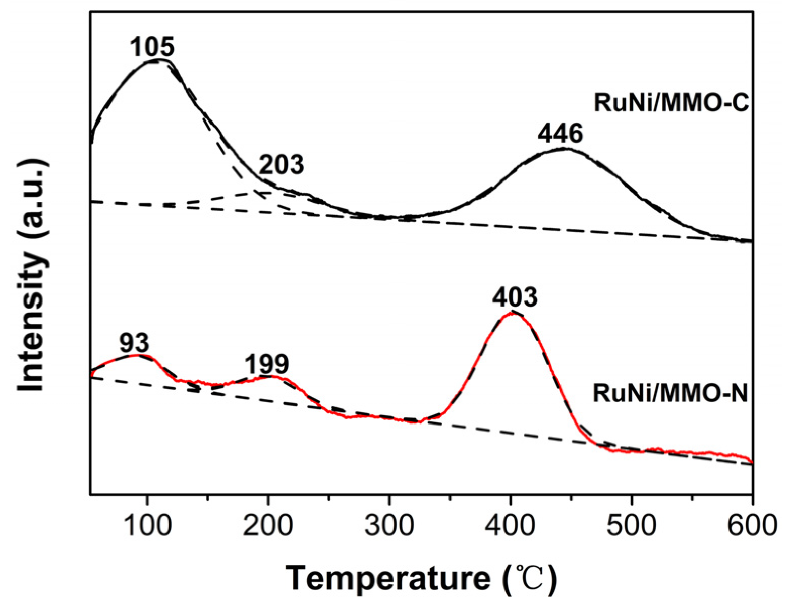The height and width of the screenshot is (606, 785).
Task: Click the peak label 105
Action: (x=152, y=47)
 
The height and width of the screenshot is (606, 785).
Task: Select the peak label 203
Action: (x=282, y=165)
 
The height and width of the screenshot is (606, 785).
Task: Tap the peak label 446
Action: (x=560, y=134)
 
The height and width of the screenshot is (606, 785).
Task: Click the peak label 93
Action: (x=135, y=343)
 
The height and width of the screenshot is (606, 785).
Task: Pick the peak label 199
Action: (x=267, y=363)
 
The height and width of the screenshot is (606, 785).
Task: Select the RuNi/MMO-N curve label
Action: (x=670, y=393)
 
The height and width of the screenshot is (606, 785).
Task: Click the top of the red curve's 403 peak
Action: (x=512, y=313)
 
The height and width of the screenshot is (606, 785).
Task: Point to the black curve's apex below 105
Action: (x=156, y=61)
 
